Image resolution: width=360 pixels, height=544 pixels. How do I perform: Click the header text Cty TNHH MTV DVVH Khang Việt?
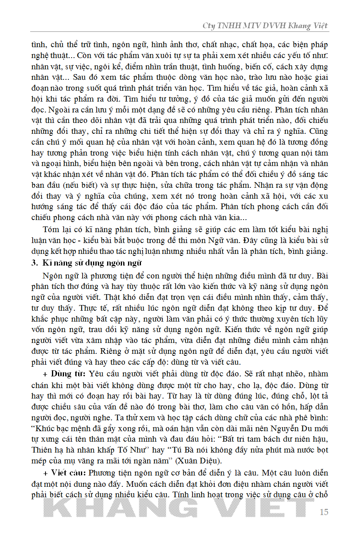pyautogui.click(x=265, y=26)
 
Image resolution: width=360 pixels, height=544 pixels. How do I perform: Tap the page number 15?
pyautogui.click(x=323, y=512)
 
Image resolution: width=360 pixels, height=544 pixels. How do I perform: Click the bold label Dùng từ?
pyautogui.click(x=67, y=373)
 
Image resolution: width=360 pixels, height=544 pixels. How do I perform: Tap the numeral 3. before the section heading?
pyautogui.click(x=35, y=263)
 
